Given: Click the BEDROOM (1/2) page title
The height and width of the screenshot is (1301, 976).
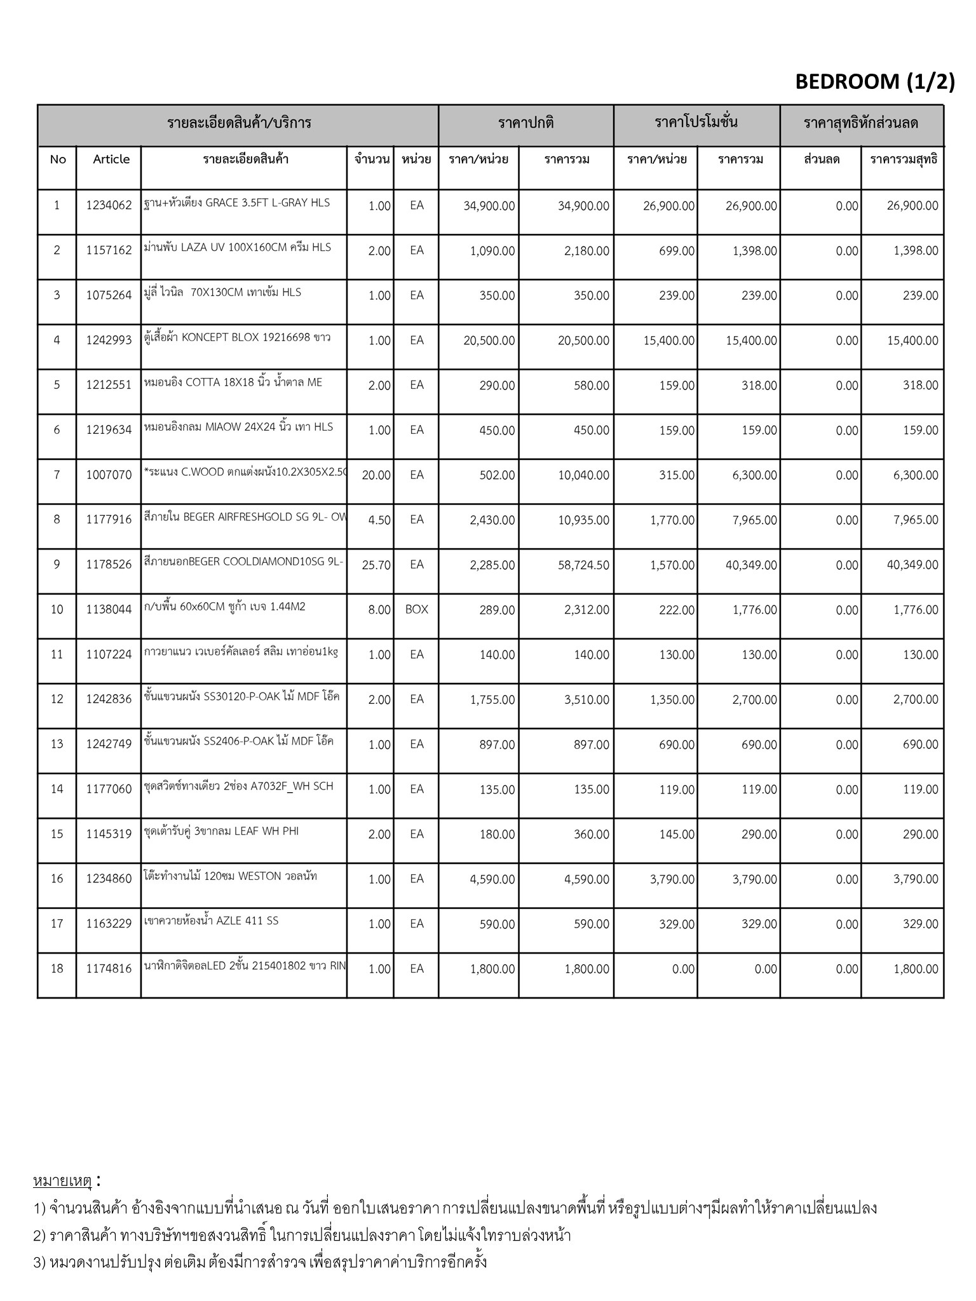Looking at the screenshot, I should [x=874, y=82].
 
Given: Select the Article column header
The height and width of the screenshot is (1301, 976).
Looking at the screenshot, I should [x=111, y=159].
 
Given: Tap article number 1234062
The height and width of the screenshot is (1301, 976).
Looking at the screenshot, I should [x=109, y=205].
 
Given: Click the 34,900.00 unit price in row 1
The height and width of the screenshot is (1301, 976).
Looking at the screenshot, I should [x=489, y=206].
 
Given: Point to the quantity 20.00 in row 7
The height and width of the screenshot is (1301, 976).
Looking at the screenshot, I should [x=376, y=475].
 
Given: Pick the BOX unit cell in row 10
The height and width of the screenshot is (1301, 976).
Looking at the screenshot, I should [x=417, y=609].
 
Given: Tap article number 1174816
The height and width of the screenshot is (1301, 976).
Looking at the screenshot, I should [x=109, y=969].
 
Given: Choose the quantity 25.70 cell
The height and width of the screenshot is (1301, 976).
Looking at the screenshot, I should [x=376, y=565].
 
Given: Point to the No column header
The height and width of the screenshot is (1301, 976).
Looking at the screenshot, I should [x=57, y=159].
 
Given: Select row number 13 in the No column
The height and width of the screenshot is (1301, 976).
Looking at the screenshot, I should [x=57, y=744].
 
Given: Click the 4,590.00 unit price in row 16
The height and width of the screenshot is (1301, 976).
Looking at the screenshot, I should [x=489, y=879].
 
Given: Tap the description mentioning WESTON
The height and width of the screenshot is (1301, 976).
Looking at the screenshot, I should [x=231, y=877].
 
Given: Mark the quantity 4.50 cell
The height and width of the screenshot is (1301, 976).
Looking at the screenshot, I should [x=379, y=520].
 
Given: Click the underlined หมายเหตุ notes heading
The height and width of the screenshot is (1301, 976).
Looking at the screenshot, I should [x=62, y=1181].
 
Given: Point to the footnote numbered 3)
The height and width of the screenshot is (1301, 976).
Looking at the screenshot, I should [x=260, y=1261].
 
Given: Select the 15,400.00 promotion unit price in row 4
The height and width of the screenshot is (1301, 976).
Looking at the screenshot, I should [x=668, y=340].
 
